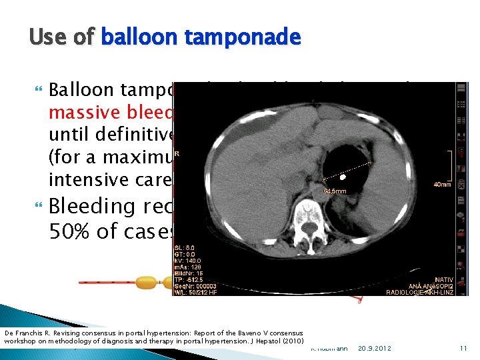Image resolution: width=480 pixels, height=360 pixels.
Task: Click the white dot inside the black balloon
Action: (343, 179)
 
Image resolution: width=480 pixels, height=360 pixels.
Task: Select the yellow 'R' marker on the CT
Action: (177, 153)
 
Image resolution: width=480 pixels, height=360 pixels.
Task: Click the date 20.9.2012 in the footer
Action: (376, 348)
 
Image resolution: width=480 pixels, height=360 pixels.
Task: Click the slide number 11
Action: (463, 348)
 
